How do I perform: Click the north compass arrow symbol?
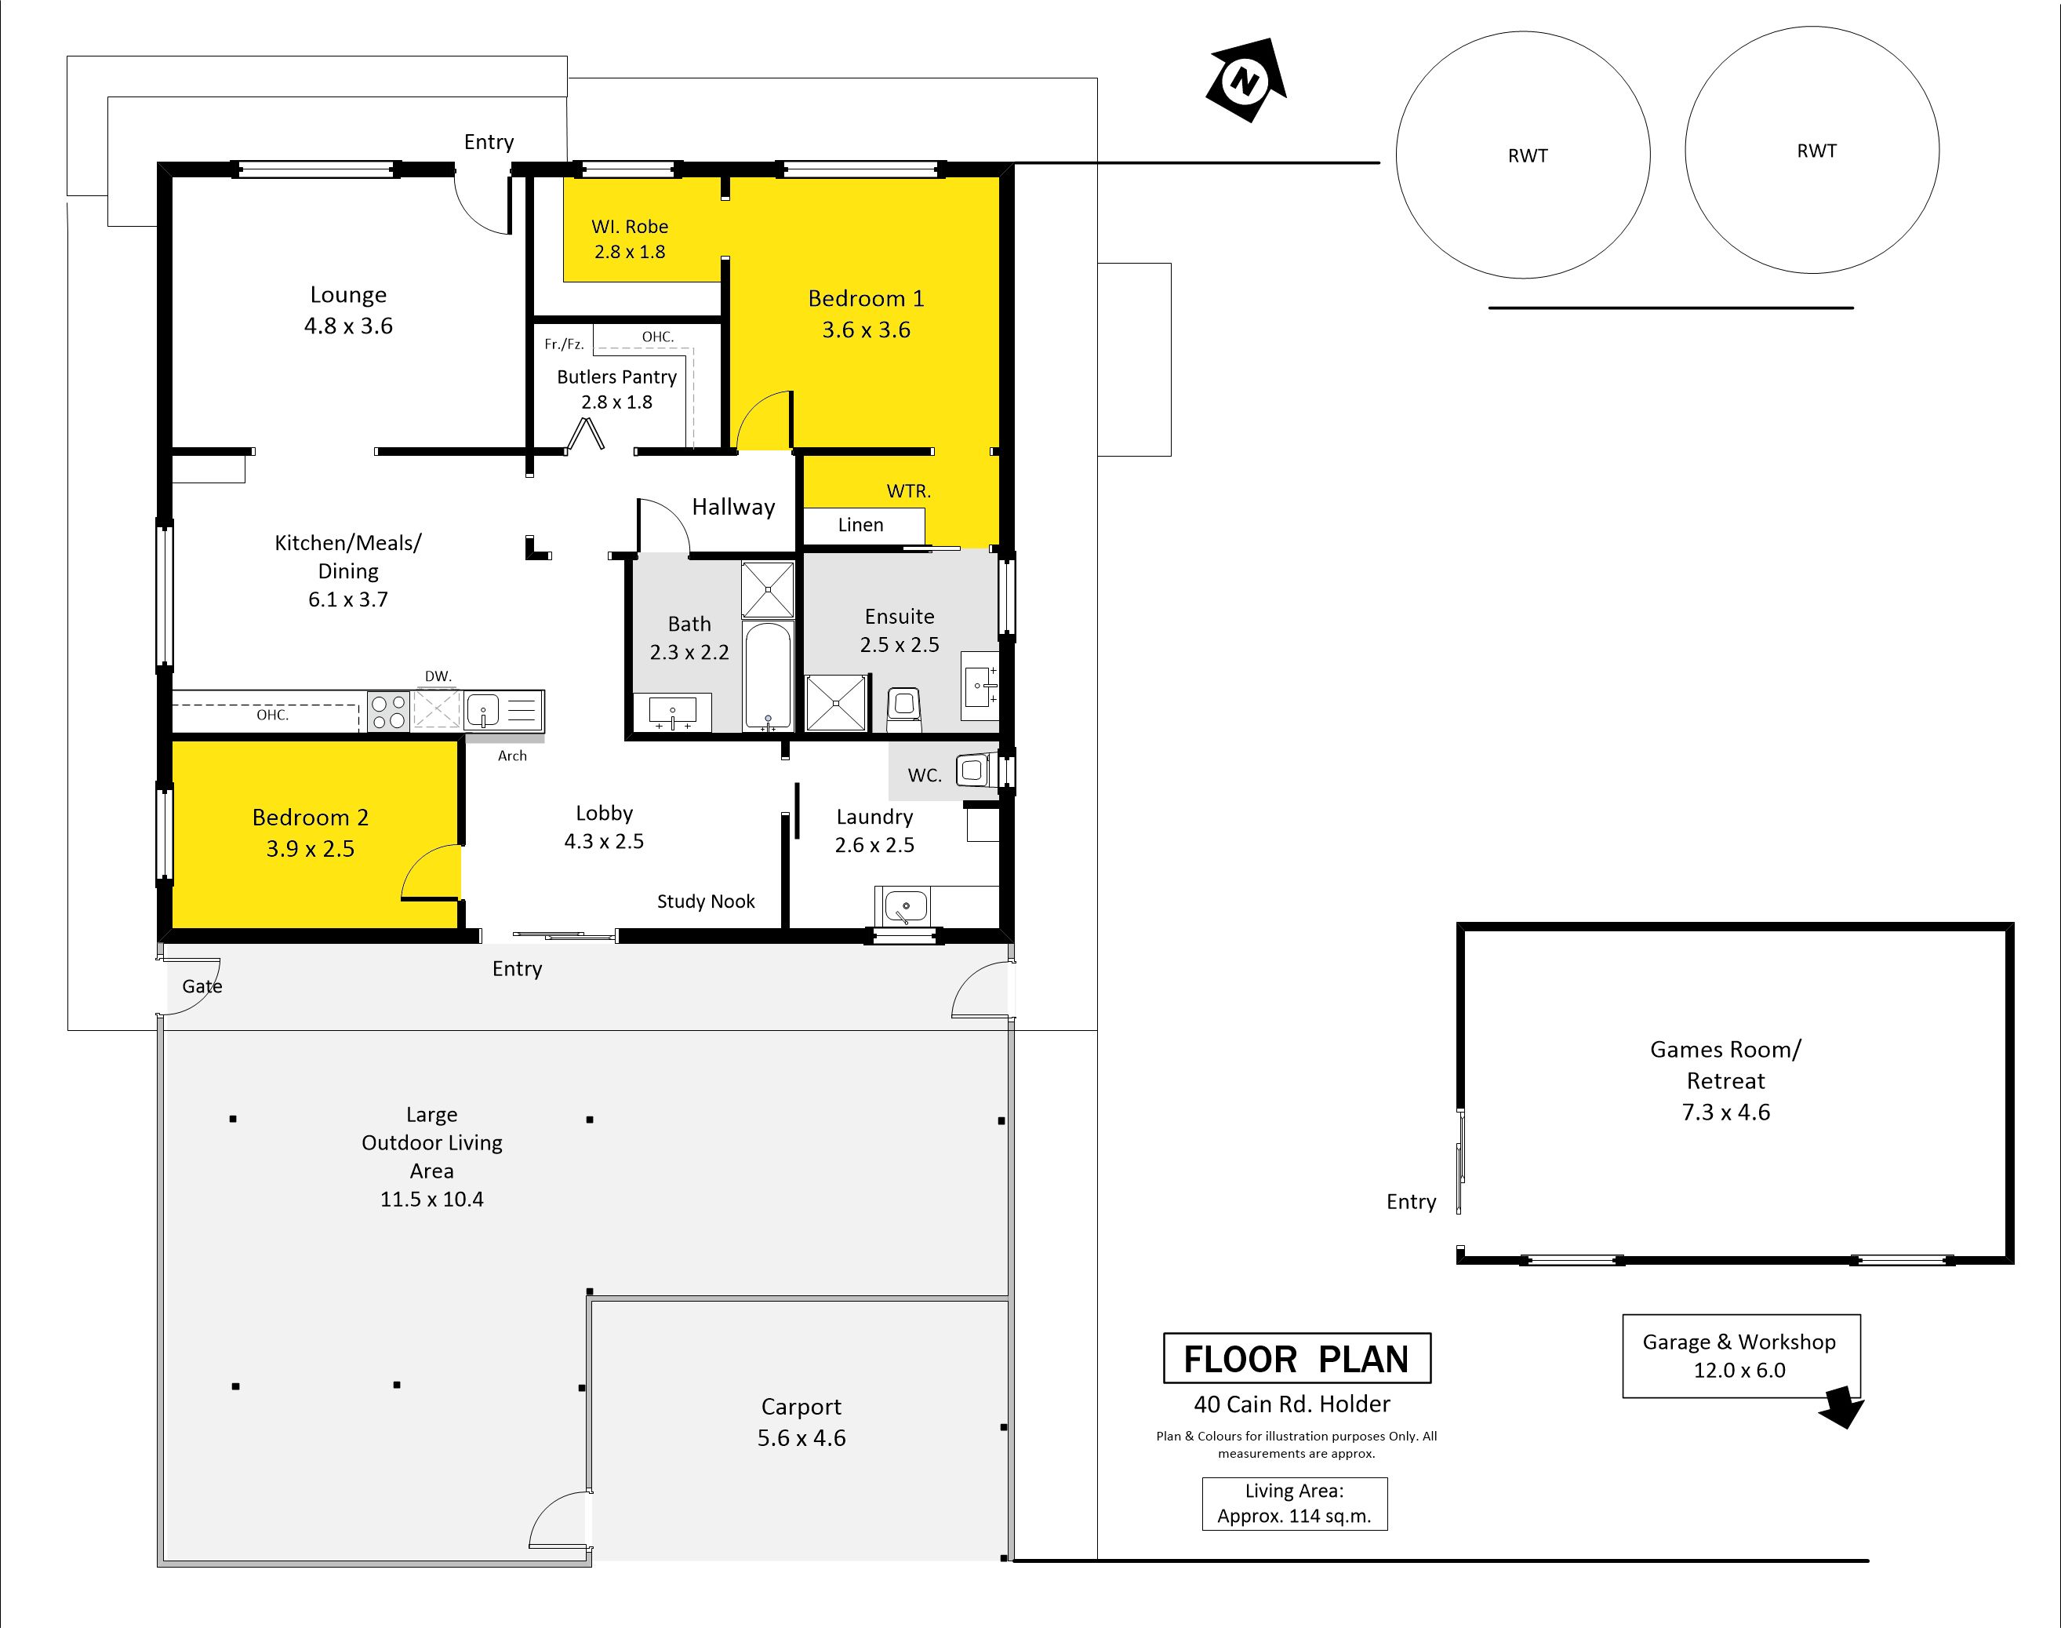click(1246, 80)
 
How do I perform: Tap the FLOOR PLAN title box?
click(1297, 1358)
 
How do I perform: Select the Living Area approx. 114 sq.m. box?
click(1294, 1504)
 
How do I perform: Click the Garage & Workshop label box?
click(1741, 1357)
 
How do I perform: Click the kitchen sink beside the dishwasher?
click(483, 710)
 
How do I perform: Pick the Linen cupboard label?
click(860, 525)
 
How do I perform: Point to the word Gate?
click(202, 986)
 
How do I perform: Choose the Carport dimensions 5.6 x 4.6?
click(801, 1437)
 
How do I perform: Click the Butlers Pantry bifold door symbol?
click(586, 435)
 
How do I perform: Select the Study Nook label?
click(706, 901)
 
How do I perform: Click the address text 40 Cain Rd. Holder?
click(1292, 1404)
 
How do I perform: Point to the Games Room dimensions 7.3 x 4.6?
click(1725, 1113)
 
